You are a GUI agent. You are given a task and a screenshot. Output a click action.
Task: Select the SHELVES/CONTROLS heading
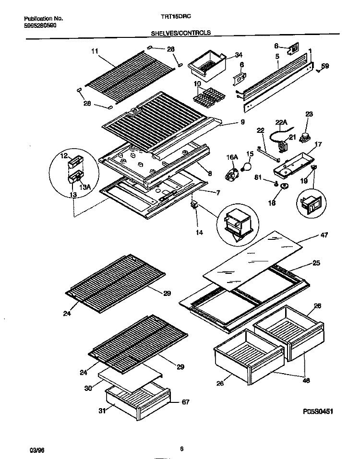point(180,33)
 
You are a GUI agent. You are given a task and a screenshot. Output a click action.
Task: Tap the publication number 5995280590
point(40,25)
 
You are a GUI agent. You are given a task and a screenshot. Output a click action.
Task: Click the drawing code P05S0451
point(318,412)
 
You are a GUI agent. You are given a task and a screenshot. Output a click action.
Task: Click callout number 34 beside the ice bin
point(239,55)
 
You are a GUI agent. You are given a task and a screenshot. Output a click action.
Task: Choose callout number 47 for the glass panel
point(324,235)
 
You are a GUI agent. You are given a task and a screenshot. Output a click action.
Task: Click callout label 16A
point(231,157)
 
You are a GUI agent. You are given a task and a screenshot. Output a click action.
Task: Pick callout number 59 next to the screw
point(325,66)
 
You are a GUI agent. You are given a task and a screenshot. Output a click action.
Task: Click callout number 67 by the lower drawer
point(186,402)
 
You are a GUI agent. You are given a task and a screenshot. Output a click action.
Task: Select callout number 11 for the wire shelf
point(95,51)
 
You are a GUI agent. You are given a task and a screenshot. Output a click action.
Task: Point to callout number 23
point(309,114)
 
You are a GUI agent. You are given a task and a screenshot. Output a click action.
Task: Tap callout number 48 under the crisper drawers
point(306,380)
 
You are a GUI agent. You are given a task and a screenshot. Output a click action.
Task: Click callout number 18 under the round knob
point(272,202)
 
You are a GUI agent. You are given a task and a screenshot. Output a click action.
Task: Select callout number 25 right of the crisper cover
point(316,263)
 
